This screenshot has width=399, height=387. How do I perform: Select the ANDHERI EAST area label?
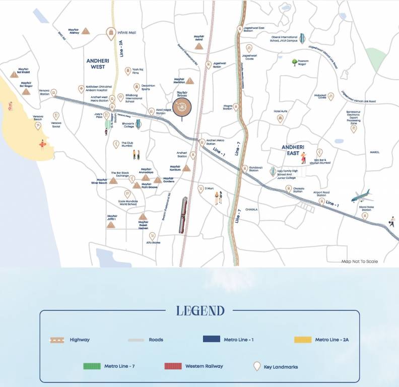pyautogui.click(x=293, y=150)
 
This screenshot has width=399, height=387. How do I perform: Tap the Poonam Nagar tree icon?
pyautogui.click(x=295, y=62)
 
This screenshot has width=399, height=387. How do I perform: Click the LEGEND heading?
pyautogui.click(x=200, y=310)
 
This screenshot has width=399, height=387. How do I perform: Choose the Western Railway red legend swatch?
pyautogui.click(x=172, y=366)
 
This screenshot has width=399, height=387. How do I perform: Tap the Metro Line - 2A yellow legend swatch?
pyautogui.click(x=302, y=340)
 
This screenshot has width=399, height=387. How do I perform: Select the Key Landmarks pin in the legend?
pyautogui.click(x=256, y=366)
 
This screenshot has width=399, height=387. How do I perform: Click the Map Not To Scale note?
pyautogui.click(x=359, y=262)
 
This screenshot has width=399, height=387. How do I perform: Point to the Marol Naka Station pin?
pyautogui.click(x=365, y=216)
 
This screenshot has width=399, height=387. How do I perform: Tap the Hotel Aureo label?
pyautogui.click(x=281, y=111)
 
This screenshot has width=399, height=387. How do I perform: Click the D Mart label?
pyautogui.click(x=210, y=188)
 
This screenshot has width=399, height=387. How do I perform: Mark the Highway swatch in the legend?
pyautogui.click(x=57, y=340)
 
